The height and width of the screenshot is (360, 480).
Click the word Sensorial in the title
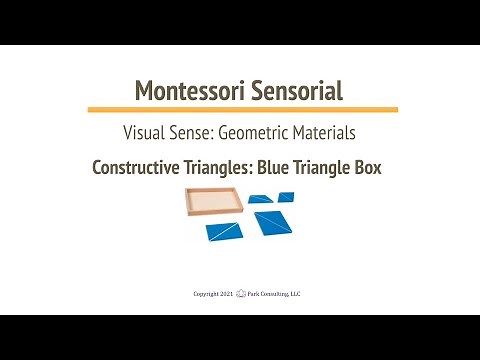coord(293,91)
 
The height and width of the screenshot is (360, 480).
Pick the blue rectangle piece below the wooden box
coord(219,231)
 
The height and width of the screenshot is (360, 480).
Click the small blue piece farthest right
coord(287,196)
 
